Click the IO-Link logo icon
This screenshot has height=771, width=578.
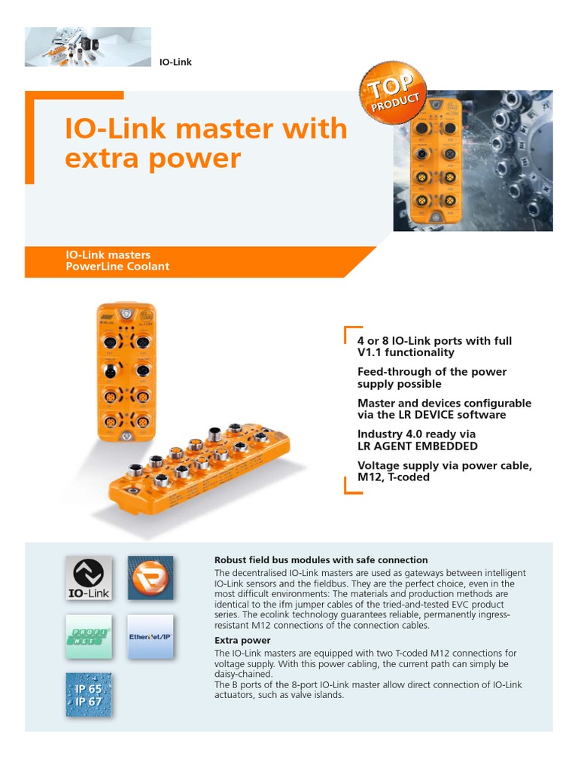88,578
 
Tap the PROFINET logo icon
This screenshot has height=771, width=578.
88,637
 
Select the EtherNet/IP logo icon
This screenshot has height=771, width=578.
150,637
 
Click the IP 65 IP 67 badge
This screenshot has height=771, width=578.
88,695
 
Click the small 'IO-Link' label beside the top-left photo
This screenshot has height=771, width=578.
175,62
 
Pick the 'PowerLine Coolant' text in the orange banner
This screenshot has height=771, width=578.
117,267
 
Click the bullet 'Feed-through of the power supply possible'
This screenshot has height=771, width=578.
431,378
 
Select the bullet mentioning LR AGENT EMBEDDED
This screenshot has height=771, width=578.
417,440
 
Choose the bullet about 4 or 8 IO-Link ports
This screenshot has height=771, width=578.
434,346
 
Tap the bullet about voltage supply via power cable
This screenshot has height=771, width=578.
444,471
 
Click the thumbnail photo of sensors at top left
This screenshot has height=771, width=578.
88,47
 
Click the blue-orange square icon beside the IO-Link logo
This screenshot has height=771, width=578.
150,578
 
